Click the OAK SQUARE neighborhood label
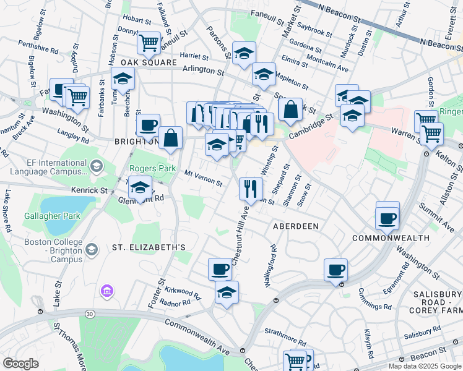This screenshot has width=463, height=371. pos(144,62)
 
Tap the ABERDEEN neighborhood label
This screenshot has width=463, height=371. pos(296,226)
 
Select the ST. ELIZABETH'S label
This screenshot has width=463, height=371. pos(149,247)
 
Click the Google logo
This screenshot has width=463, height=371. pos(20,364)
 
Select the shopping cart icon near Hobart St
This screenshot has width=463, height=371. pos(149,43)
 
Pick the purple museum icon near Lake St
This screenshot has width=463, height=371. pos(106,289)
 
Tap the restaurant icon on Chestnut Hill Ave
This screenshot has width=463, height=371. pos(250,187)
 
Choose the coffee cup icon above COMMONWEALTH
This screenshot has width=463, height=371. pos(387,217)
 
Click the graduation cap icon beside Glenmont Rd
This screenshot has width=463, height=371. pos(141,186)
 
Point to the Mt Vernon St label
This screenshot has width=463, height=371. pos(204,178)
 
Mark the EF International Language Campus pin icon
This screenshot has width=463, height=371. pos(96,165)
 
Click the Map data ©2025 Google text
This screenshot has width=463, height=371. pos(424,366)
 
